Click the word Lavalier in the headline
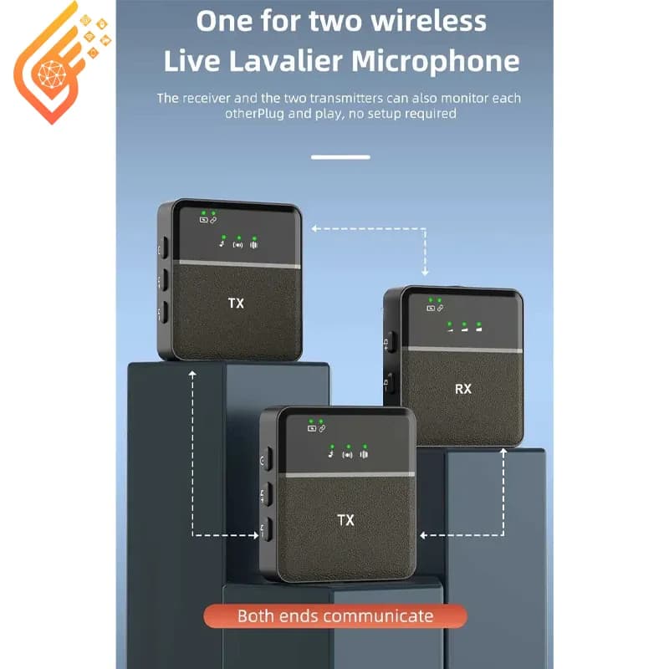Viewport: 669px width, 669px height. pyautogui.click(x=286, y=60)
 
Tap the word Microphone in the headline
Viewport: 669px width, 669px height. pyautogui.click(x=436, y=61)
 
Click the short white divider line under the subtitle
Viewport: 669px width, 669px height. pyautogui.click(x=340, y=157)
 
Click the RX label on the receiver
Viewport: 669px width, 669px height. pyautogui.click(x=463, y=389)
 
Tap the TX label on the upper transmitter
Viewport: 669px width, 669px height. pyautogui.click(x=236, y=303)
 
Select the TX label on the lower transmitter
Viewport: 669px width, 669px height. pyautogui.click(x=345, y=519)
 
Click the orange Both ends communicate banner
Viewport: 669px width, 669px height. pyautogui.click(x=335, y=616)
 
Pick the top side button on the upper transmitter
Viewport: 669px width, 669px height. pyautogui.click(x=163, y=248)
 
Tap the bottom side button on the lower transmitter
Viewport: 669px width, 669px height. pyautogui.click(x=266, y=529)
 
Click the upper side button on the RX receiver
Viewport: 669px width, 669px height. pyautogui.click(x=390, y=342)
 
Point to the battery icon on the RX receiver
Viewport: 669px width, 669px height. pyautogui.click(x=431, y=308)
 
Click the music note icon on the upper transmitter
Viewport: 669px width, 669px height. pyautogui.click(x=222, y=244)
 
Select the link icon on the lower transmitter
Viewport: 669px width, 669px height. pyautogui.click(x=323, y=428)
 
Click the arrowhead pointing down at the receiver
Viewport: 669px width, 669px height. pyautogui.click(x=425, y=272)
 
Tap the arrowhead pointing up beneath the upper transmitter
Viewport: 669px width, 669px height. pyautogui.click(x=192, y=374)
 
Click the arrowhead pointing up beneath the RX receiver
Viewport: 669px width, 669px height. pyautogui.click(x=504, y=452)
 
